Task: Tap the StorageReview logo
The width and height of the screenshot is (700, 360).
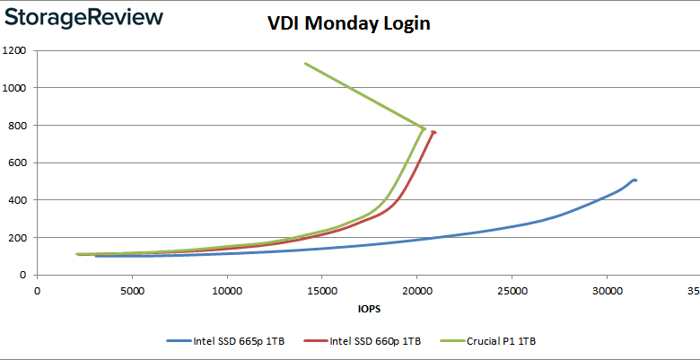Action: point(85,18)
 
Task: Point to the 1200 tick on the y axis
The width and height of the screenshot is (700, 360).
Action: point(13,50)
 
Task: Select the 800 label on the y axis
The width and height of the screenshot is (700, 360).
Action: point(16,125)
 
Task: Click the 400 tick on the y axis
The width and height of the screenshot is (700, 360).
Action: point(16,200)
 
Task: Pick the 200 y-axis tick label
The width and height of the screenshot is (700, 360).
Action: point(16,238)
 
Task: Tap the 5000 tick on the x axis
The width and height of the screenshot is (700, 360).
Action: point(132,291)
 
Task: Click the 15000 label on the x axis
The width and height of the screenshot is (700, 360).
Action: point(321,291)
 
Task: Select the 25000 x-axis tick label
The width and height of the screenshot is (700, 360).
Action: point(512,291)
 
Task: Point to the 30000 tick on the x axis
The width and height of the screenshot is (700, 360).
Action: point(607,291)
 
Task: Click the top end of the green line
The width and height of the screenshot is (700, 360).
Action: point(305,64)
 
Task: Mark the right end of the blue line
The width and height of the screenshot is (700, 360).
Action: point(635,180)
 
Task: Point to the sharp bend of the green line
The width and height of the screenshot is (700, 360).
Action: point(424,127)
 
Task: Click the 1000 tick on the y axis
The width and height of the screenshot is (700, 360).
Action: point(13,88)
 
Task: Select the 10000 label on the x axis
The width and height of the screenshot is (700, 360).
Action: point(226,291)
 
